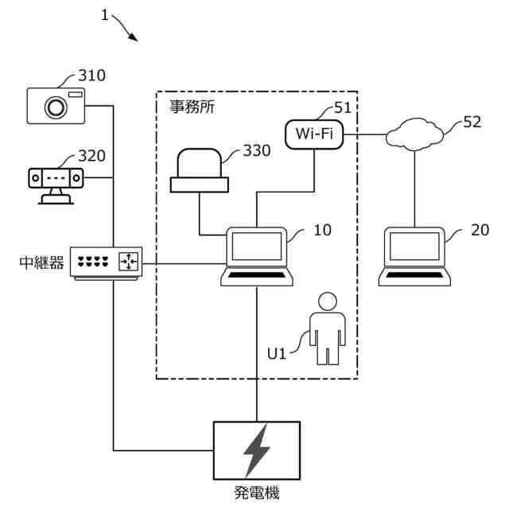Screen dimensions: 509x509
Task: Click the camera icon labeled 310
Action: [56, 105]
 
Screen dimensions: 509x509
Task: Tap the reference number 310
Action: [91, 76]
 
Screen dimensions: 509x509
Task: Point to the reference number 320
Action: [91, 157]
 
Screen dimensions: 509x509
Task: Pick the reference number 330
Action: [256, 150]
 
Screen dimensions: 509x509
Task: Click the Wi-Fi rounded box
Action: [314, 133]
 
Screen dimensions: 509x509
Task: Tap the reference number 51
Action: [343, 108]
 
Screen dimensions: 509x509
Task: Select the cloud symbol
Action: [415, 136]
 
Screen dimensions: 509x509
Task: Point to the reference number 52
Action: [472, 122]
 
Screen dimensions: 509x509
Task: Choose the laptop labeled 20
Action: [414, 255]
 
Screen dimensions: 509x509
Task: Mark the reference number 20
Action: [480, 229]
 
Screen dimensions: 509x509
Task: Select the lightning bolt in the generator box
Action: [257, 449]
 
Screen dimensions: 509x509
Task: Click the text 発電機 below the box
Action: [257, 494]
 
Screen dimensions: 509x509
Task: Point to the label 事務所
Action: [192, 106]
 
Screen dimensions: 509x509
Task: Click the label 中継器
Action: [40, 262]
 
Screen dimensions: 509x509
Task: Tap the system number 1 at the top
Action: [106, 15]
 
